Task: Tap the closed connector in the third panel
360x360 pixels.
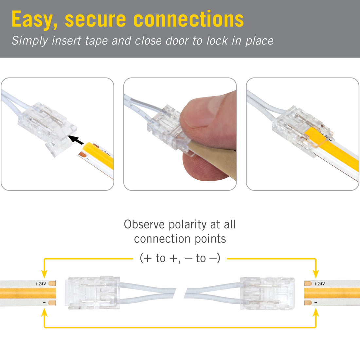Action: (299, 131)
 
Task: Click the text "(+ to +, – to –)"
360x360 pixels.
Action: (180, 258)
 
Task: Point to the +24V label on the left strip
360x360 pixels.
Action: (41, 284)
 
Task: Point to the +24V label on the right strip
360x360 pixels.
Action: (319, 284)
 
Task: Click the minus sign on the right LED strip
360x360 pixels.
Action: (316, 303)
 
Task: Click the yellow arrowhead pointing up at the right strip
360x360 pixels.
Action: (315, 313)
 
